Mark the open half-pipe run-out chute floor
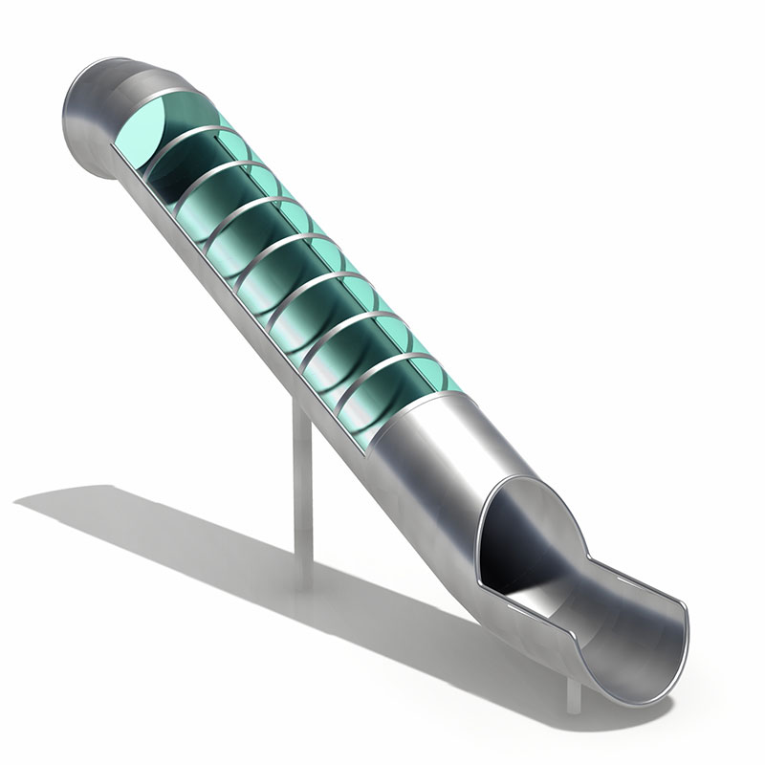(612, 631)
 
